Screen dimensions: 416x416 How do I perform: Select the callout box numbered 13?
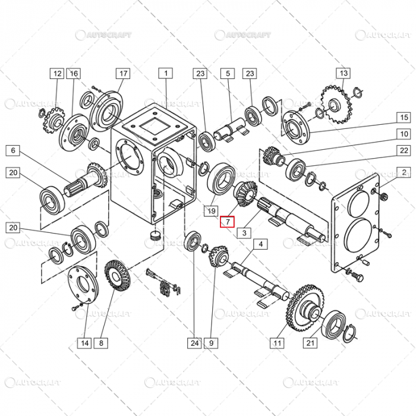pos(343,74)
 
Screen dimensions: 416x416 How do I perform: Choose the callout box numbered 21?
pos(310,342)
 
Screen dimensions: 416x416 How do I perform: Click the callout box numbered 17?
pos(123,74)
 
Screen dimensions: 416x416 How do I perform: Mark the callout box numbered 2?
pos(404,173)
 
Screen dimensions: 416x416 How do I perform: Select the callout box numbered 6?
pos(14,150)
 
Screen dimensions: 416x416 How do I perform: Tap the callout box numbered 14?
pos(85,342)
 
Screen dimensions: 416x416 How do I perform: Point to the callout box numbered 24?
pos(195,342)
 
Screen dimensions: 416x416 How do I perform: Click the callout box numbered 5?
pos(227,74)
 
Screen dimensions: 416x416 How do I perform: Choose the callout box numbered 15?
pos(404,117)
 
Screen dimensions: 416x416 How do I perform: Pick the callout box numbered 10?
pos(404,134)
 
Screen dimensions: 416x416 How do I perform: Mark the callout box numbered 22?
pos(404,150)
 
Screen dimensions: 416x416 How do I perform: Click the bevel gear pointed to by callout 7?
pos(244,195)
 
